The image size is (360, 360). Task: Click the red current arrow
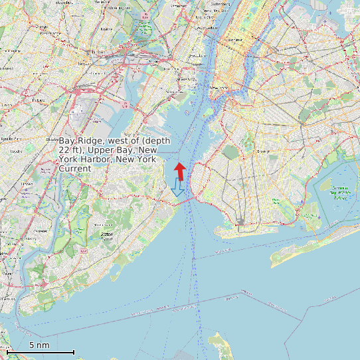pos(180,170)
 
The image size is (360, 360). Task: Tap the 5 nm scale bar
pos(41,351)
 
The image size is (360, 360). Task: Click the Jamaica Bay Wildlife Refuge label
pos(340,193)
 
